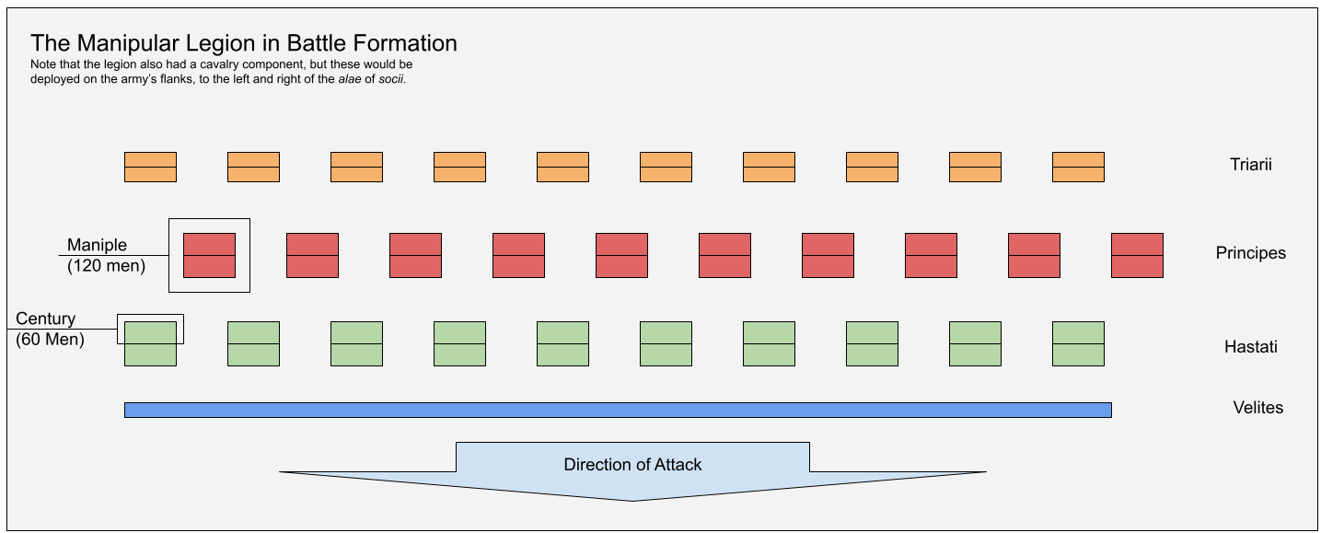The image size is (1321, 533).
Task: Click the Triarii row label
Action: coord(1250,164)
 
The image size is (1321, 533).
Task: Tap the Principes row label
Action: coord(1250,253)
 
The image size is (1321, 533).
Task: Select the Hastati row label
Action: coord(1250,347)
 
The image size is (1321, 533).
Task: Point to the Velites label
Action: coord(1257,408)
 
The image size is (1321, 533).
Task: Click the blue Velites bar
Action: coord(618,411)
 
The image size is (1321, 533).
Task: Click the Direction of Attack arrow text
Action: coord(632,465)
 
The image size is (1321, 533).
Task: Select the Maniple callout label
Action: coord(97,245)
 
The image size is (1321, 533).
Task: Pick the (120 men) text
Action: coord(106,266)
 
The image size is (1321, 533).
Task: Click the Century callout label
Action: coord(45,319)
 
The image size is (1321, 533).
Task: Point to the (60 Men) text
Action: coord(50,340)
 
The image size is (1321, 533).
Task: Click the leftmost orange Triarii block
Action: coord(150,167)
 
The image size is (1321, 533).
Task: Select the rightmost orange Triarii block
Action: coord(1078,167)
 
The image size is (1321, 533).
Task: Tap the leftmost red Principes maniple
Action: coord(209,255)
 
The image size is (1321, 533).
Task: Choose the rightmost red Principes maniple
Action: coord(1137,255)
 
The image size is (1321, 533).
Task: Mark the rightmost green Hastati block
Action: coord(1078,343)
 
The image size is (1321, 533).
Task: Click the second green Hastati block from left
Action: coord(253,343)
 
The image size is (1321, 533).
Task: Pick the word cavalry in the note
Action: coord(214,64)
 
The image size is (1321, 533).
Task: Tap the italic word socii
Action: coord(391,79)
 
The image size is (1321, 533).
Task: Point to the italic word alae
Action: coord(350,79)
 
